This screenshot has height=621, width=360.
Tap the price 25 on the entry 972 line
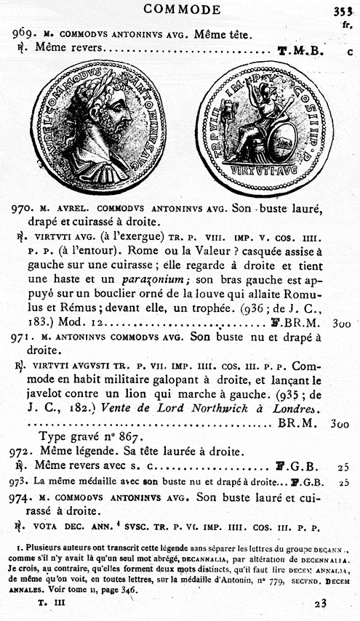[344, 467]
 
